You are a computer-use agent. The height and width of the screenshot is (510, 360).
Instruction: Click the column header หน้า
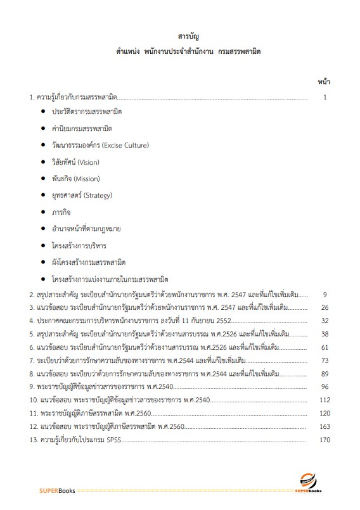click(323, 82)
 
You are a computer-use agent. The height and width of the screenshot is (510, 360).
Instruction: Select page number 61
click(325, 347)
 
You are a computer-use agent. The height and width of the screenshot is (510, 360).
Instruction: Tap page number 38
click(325, 334)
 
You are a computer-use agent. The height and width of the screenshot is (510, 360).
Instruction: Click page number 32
click(325, 321)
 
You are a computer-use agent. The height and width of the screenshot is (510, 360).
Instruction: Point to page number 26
click(325, 307)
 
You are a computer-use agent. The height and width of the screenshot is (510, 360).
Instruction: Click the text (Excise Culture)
click(125, 145)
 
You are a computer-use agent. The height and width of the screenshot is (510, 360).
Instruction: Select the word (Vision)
click(88, 162)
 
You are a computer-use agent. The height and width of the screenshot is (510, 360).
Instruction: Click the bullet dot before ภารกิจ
click(43, 212)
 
